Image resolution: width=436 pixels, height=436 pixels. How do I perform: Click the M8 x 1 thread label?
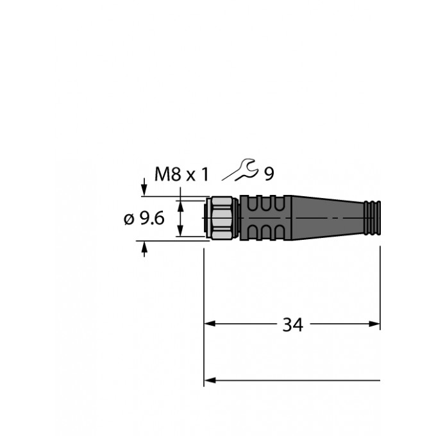(x=181, y=174)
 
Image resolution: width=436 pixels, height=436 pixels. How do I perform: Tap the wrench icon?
(x=240, y=170)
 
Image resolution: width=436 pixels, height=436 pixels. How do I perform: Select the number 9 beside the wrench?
(x=269, y=174)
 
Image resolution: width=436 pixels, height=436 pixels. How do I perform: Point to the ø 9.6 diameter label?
(x=144, y=218)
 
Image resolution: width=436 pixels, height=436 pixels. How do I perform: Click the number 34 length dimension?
(x=292, y=324)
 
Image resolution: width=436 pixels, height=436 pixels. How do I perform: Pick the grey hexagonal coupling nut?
(x=222, y=218)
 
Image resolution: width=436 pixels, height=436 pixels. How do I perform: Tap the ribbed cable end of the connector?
(x=373, y=218)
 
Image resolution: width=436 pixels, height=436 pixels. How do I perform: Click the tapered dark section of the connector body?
(x=328, y=218)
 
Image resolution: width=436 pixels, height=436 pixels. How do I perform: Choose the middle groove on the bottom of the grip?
(x=266, y=233)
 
